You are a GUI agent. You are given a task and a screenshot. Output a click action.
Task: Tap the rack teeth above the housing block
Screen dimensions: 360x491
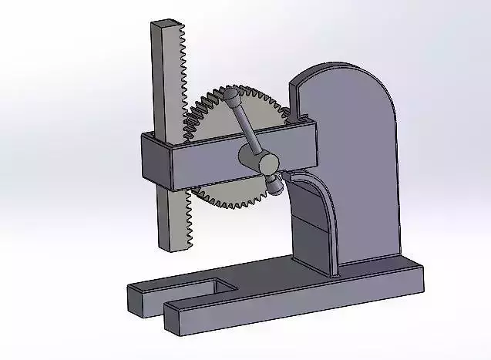pyautogui.click(x=183, y=77)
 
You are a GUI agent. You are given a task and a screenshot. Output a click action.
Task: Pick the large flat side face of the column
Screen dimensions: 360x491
pyautogui.click(x=358, y=177)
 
